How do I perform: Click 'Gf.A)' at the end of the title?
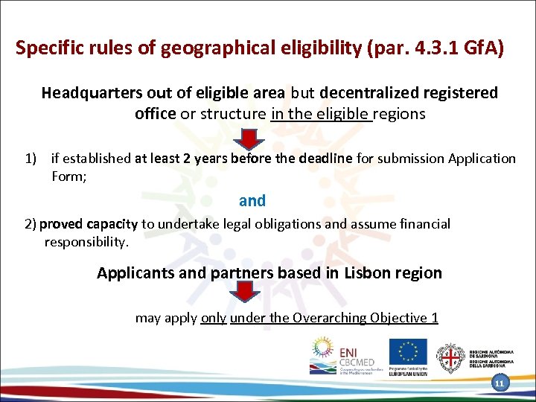click(x=483, y=49)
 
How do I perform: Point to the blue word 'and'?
click(x=252, y=200)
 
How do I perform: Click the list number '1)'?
click(x=31, y=159)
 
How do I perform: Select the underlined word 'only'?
click(x=214, y=319)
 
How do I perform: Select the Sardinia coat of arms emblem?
click(x=449, y=359)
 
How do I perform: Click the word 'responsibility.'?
click(x=86, y=242)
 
